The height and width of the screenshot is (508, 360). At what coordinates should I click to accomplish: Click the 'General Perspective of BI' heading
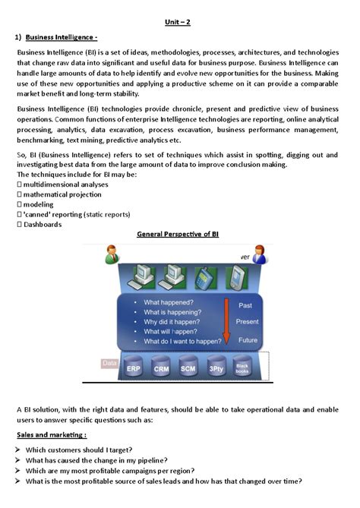click(179, 235)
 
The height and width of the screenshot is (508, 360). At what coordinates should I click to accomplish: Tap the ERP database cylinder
click(134, 368)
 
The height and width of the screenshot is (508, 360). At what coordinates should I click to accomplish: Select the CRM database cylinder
click(161, 368)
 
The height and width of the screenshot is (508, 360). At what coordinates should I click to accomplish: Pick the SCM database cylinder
click(189, 368)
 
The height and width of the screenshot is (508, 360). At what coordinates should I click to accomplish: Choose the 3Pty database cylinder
click(216, 368)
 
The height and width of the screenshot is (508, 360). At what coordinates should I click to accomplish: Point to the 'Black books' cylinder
click(242, 368)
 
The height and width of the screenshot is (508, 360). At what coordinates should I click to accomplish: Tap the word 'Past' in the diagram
click(245, 305)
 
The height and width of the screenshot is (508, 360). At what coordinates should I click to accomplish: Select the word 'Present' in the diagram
click(248, 321)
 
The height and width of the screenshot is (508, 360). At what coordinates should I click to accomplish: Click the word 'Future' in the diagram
click(248, 339)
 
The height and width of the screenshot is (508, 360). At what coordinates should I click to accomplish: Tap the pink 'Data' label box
click(109, 364)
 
